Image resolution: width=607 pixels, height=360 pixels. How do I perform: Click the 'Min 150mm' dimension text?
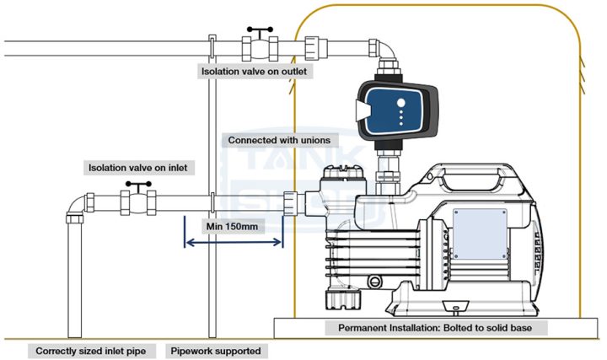pyautogui.click(x=234, y=226)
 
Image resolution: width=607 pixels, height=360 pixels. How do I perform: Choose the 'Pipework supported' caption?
pyautogui.click(x=216, y=350)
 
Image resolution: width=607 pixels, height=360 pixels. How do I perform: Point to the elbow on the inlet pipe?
pyautogui.click(x=76, y=207)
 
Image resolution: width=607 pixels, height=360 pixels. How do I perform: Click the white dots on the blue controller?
pyautogui.click(x=401, y=110)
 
